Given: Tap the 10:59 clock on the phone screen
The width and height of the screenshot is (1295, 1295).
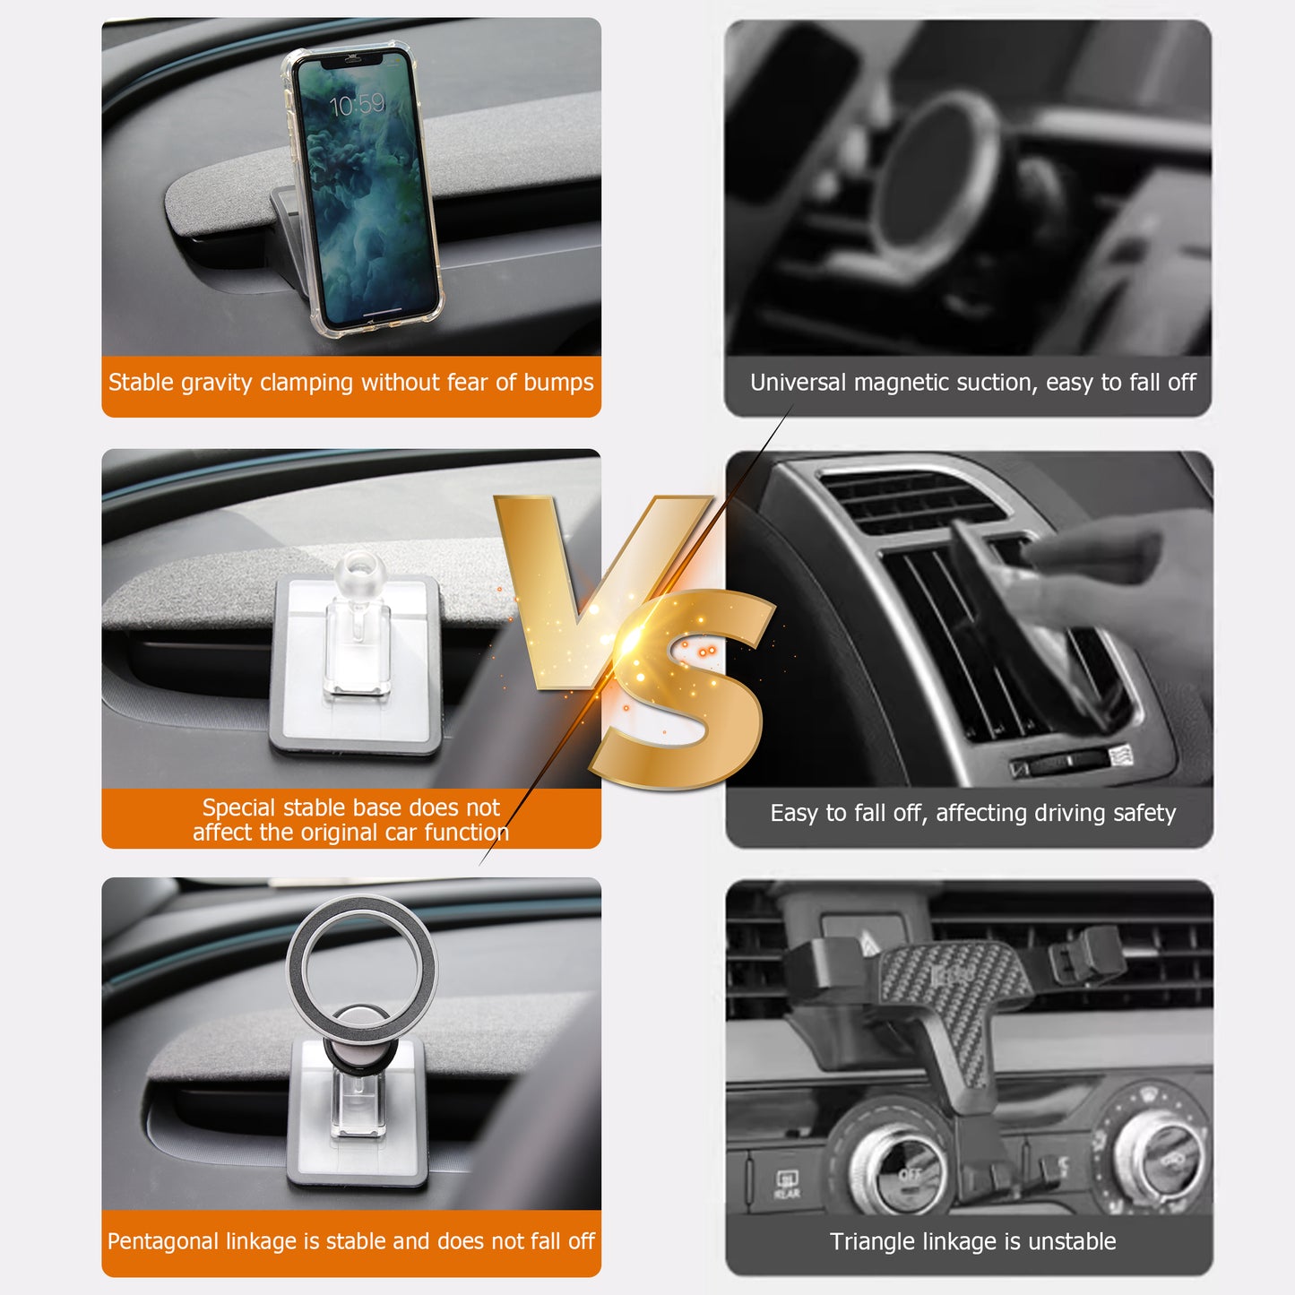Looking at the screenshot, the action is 357,104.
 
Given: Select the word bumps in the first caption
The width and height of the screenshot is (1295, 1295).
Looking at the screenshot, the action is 558,383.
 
